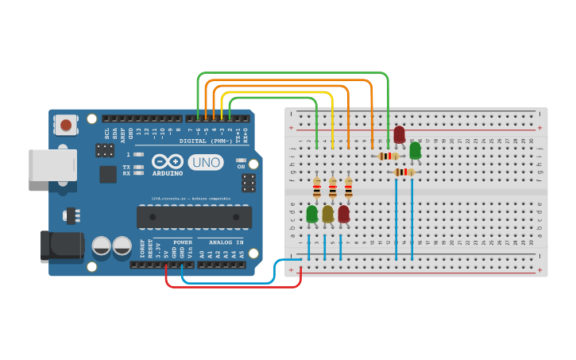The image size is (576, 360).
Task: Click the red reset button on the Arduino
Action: (65, 124)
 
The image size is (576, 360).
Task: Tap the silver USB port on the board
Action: (52, 165)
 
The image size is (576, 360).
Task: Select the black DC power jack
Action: (61, 246)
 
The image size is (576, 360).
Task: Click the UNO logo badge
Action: (206, 162)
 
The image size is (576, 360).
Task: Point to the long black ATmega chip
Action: (194, 217)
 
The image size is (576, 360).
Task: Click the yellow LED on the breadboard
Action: (327, 214)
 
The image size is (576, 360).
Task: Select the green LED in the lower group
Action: (311, 214)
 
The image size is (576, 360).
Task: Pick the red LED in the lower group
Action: (343, 214)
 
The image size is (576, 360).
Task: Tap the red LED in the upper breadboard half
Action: (399, 134)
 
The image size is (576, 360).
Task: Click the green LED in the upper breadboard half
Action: (415, 150)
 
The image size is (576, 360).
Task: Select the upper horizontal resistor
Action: (389, 157)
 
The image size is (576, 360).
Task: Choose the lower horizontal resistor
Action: (404, 172)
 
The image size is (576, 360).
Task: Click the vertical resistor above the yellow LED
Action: (332, 188)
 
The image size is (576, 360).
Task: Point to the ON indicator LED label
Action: (241, 166)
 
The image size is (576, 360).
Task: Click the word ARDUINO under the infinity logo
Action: (168, 172)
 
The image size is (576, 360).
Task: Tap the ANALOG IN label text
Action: (226, 242)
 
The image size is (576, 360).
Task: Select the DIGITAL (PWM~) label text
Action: (204, 141)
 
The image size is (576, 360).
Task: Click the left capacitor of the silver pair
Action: (102, 246)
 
